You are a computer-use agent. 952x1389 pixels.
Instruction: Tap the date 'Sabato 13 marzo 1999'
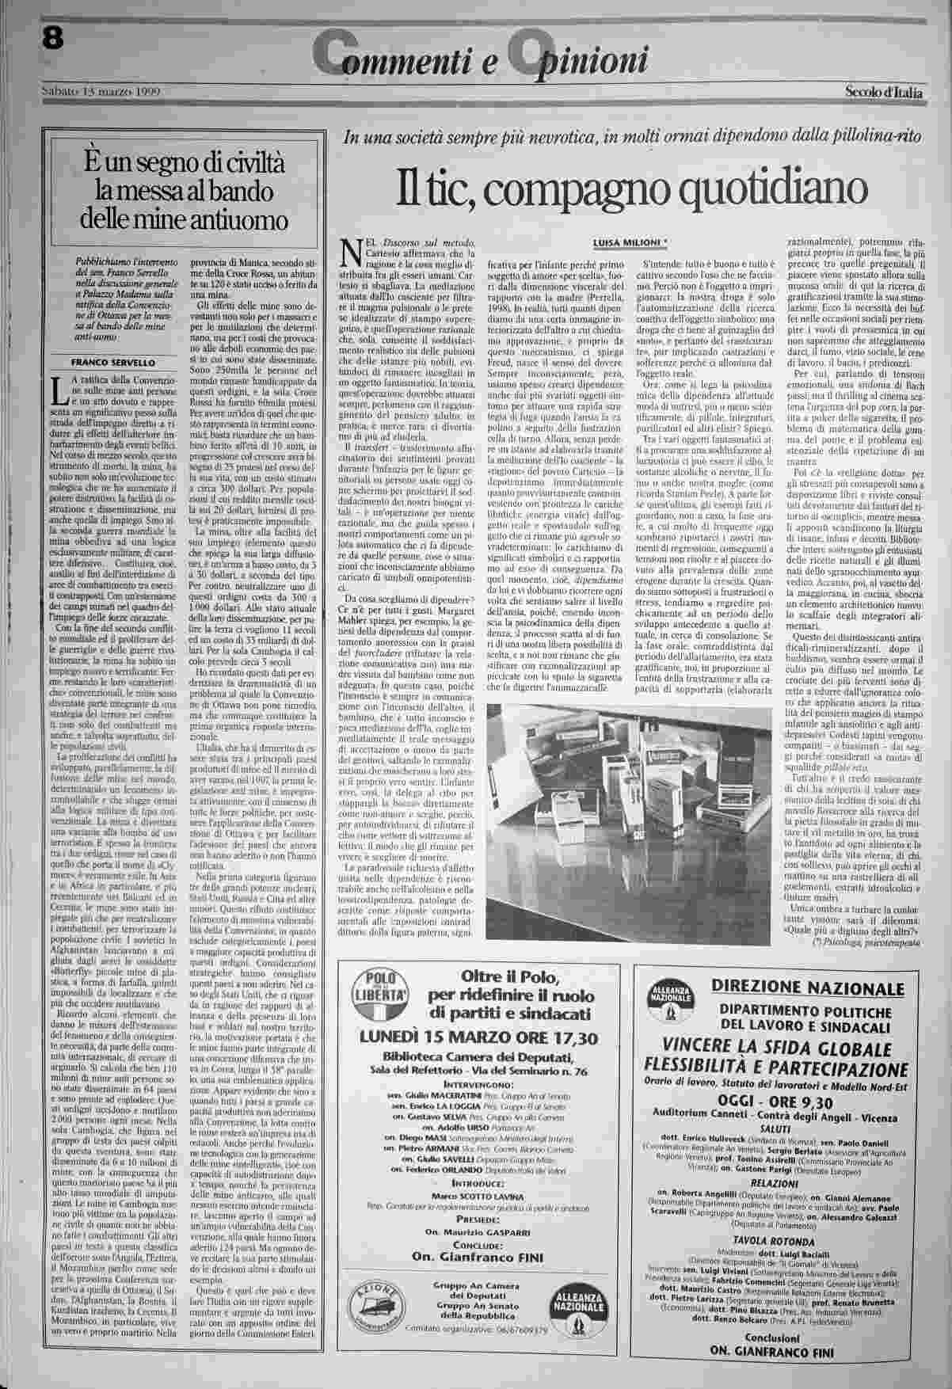point(100,92)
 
